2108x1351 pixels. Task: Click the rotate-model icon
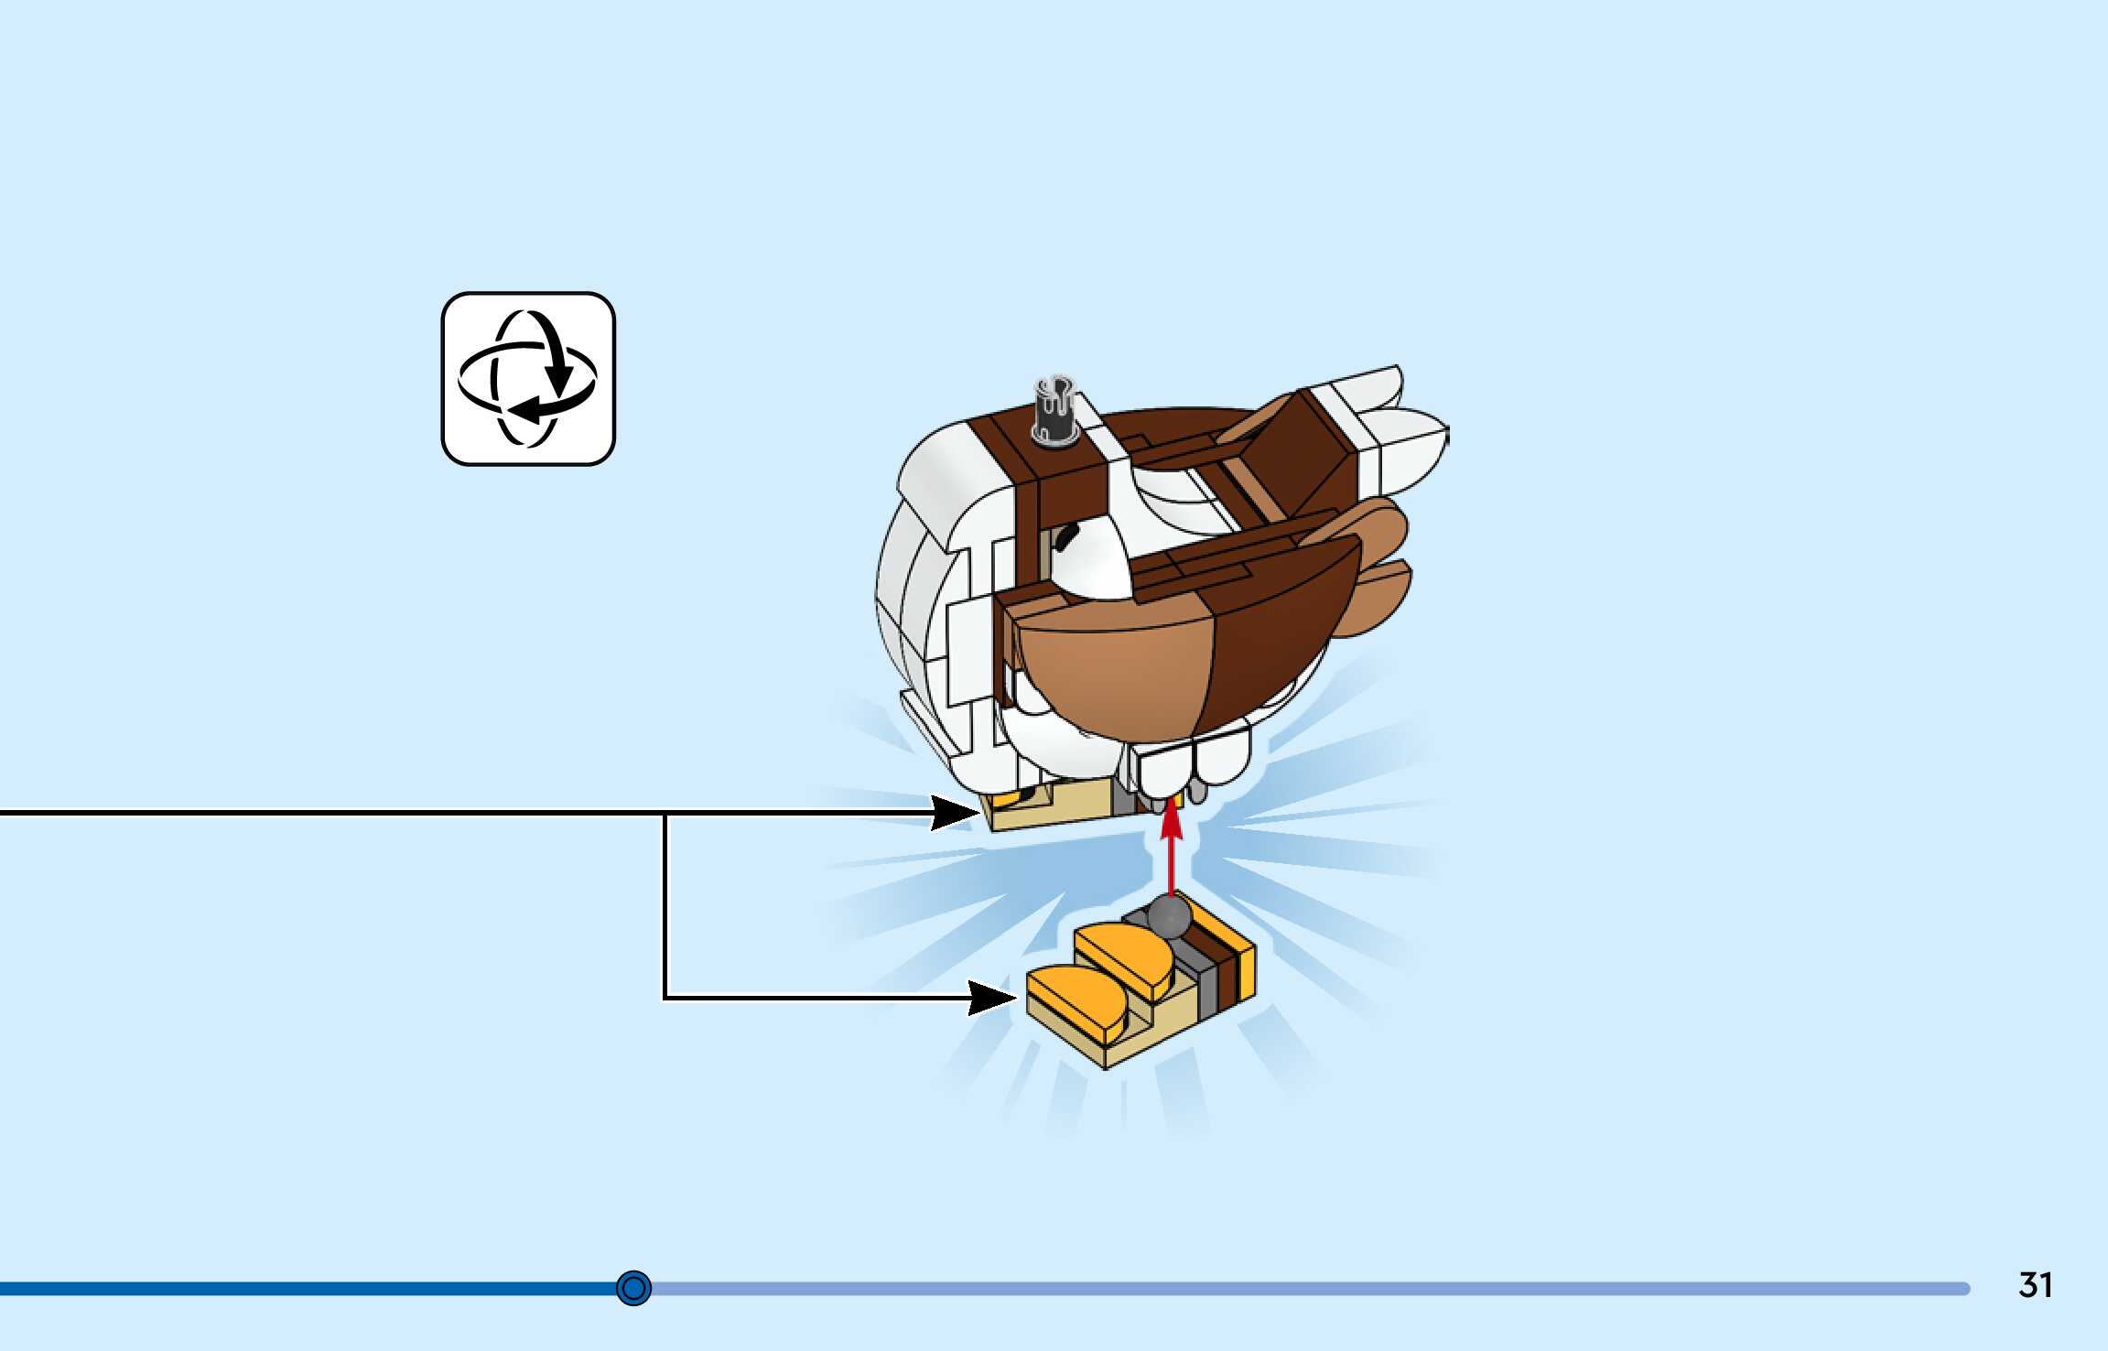(528, 379)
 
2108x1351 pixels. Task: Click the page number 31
(2035, 1285)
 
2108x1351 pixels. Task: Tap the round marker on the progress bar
(633, 1288)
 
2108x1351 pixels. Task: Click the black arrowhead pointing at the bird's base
(954, 812)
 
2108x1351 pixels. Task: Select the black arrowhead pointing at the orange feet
(992, 998)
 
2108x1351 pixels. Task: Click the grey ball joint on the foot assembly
(1169, 916)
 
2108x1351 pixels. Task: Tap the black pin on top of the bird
(1054, 410)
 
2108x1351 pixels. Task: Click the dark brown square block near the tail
(1300, 458)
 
